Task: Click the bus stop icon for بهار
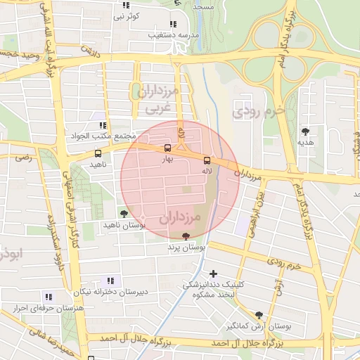[167, 148]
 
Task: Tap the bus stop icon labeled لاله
[206, 159]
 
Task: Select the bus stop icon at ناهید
[97, 153]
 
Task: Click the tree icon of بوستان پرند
[186, 236]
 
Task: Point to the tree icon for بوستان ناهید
[124, 213]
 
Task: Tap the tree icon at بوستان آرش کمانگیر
[259, 316]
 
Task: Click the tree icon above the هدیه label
[305, 131]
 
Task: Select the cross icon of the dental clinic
[214, 273]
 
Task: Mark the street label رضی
[23, 158]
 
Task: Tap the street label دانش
[89, 50]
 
